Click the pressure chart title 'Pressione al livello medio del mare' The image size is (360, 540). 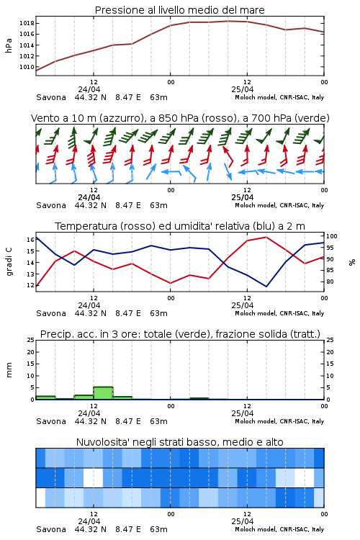coord(179,10)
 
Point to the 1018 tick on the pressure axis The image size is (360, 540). coord(26,24)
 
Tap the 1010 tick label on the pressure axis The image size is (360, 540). coord(26,67)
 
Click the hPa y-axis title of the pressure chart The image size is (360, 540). coord(9,45)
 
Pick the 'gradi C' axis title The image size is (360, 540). coord(9,262)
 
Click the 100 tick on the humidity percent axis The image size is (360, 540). coord(332,236)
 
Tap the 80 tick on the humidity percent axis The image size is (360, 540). coord(330,282)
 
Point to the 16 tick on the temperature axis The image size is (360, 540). coord(30,240)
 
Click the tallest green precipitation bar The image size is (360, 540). coord(104,393)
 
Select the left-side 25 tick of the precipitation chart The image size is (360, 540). coord(31,340)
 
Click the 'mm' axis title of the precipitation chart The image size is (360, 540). coord(9,370)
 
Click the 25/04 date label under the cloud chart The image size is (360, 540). coord(243,521)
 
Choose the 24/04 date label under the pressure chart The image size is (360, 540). coord(89,89)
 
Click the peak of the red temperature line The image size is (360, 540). coord(266,237)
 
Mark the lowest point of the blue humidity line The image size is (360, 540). coord(266,287)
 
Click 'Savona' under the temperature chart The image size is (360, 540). coord(51,313)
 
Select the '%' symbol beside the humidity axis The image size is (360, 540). coord(352,262)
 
